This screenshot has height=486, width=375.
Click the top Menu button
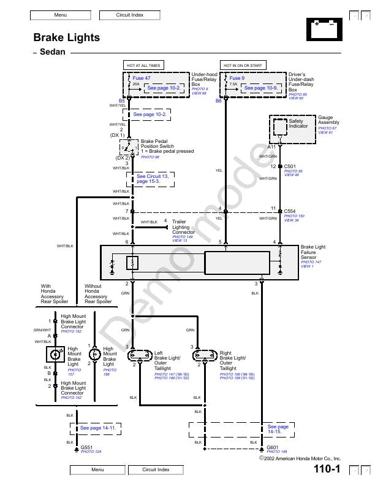pos(60,14)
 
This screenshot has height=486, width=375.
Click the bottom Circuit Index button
pos(156,470)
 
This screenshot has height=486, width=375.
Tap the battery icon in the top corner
pos(324,28)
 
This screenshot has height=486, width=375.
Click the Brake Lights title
pos(66,38)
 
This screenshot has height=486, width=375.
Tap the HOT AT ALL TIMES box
pos(143,65)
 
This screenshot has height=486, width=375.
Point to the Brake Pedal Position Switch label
pos(158,146)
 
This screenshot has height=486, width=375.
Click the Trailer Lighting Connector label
pos(183,227)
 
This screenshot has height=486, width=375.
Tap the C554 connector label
pos(290,211)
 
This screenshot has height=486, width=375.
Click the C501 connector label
pos(290,166)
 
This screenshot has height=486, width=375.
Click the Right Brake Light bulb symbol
pos(203,356)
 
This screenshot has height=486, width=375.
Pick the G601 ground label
pos(272,447)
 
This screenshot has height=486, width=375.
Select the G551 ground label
pos(86,447)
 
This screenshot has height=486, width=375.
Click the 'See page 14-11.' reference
pos(98,428)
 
